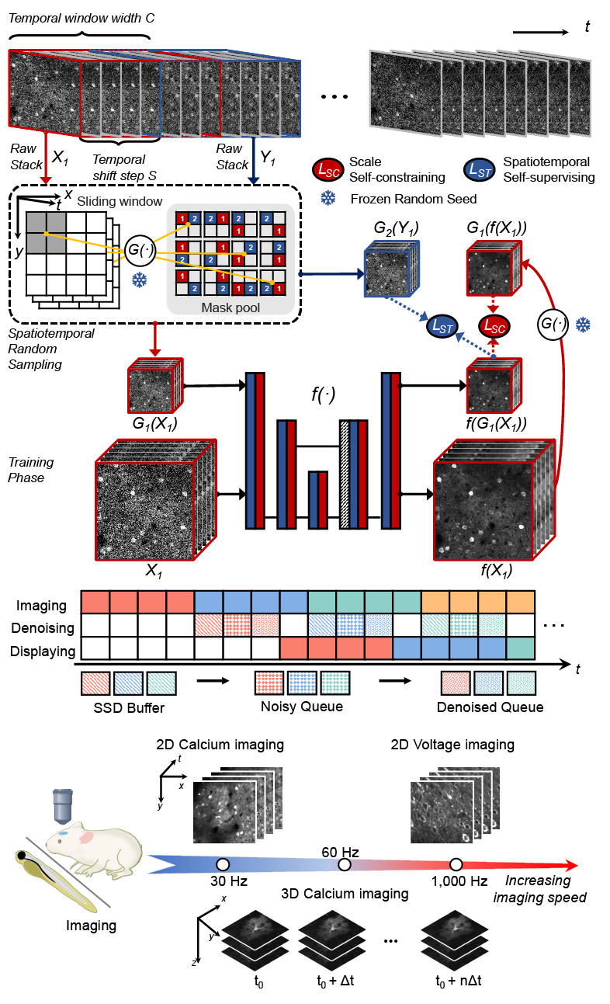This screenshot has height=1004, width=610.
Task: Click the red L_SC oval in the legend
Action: point(327,168)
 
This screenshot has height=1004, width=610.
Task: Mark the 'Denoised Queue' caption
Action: point(489,707)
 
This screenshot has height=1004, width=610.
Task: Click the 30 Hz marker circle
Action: point(223,864)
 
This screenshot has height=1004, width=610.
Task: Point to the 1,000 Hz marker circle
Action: point(456,864)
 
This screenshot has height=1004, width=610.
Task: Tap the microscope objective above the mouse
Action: point(63,807)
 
